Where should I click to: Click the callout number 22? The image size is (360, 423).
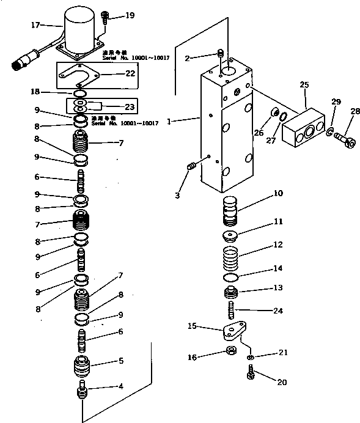pos(130,73)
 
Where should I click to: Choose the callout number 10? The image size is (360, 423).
pos(277,194)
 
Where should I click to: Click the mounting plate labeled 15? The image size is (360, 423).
pos(233,333)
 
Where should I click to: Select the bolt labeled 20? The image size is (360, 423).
pos(250,372)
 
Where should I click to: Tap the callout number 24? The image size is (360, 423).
pos(278,311)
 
